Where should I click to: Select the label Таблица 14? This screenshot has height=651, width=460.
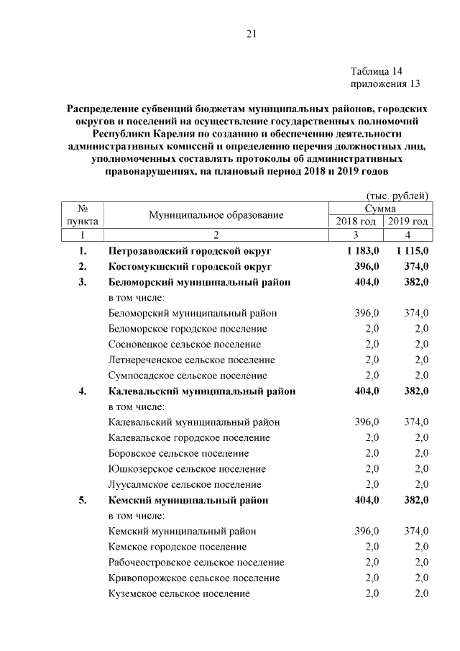(377, 71)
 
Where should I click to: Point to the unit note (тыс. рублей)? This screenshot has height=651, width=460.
(397, 196)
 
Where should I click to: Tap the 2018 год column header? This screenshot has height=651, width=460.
(356, 222)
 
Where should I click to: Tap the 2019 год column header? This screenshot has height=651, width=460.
(408, 222)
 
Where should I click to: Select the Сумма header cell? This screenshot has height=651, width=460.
(382, 208)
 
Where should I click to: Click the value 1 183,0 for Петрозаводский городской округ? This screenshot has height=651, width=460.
(359, 251)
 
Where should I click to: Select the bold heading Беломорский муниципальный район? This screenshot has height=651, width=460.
(199, 283)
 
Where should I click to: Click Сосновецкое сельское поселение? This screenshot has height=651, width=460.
(185, 345)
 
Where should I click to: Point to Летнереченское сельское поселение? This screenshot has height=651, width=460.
(191, 360)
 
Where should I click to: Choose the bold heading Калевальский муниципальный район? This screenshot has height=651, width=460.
(202, 391)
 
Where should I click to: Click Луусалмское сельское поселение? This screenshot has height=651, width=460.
(185, 485)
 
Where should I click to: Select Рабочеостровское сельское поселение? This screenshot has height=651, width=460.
(196, 563)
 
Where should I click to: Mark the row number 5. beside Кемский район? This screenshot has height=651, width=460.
(83, 501)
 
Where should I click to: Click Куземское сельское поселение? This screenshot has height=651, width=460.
(179, 593)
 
